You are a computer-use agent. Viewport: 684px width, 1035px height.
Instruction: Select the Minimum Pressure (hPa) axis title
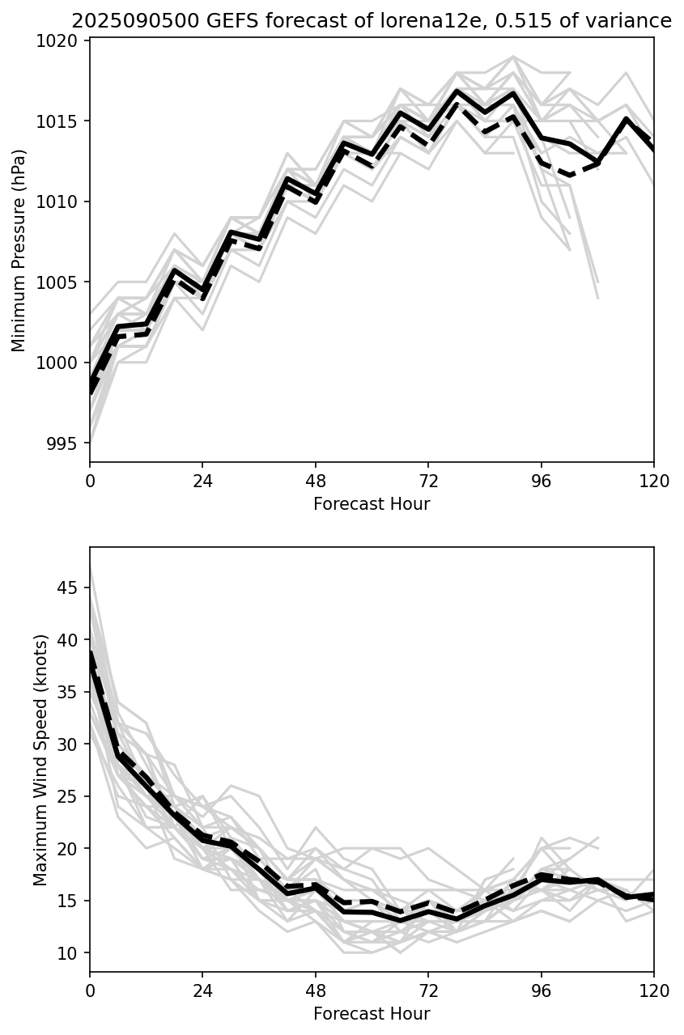tap(19, 250)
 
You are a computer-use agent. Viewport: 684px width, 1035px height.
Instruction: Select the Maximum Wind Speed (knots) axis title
tap(40, 759)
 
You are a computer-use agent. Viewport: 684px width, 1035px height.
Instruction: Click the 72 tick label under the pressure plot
tap(428, 481)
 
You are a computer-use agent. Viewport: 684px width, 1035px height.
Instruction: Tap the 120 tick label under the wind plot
tap(653, 991)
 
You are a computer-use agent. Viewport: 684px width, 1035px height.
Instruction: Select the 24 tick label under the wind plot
tap(202, 991)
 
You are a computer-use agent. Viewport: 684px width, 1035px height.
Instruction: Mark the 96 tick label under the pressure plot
tap(541, 481)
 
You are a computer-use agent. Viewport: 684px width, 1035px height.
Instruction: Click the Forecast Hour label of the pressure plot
tap(372, 504)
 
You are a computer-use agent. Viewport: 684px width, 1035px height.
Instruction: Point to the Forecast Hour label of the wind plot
tap(372, 1014)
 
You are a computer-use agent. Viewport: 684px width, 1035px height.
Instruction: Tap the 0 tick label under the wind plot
tap(90, 991)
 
